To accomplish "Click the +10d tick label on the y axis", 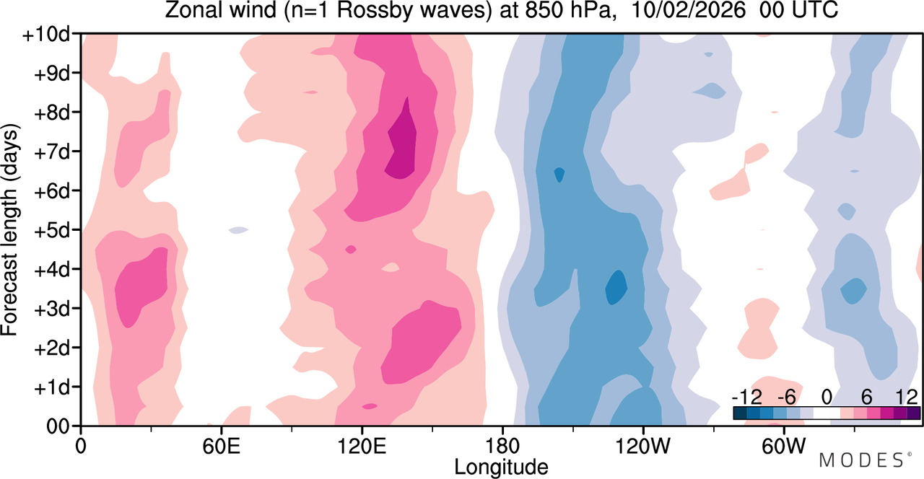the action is click(47, 35).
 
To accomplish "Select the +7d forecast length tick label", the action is click(52, 152).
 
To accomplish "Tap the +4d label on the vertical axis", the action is click(52, 270).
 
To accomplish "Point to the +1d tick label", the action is click(52, 387).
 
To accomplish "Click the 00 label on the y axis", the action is click(58, 426).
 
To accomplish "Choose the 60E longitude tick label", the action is click(221, 446).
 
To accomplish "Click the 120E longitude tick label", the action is click(362, 446).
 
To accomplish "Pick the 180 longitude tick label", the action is click(502, 446).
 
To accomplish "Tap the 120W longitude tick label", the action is click(643, 446).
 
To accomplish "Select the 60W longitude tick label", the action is click(783, 446).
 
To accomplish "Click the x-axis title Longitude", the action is click(501, 467).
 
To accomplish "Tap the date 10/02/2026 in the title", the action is click(689, 10).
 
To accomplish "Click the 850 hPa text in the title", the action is click(567, 10).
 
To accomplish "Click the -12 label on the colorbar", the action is click(747, 397).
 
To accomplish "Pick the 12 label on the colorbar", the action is click(907, 397).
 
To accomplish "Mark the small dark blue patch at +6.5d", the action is click(559, 175).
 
